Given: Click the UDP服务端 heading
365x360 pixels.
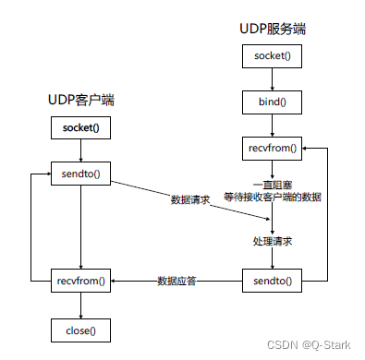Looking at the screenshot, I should [272, 30].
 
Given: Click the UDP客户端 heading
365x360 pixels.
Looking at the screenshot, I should [80, 99].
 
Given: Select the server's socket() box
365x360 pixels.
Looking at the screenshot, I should [272, 56].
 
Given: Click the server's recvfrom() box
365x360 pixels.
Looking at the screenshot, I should [272, 146].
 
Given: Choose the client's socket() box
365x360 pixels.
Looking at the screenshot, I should [80, 127].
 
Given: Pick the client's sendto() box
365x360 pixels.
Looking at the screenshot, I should [80, 172].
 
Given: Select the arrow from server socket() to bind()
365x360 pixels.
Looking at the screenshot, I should [272, 78].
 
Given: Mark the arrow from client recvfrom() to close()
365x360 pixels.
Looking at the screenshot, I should [80, 304].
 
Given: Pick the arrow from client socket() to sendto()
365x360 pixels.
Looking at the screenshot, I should [80, 150].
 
